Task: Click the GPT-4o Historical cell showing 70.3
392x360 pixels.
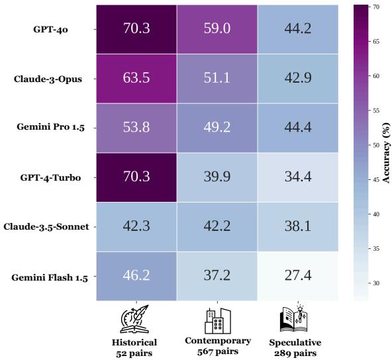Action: [136, 28]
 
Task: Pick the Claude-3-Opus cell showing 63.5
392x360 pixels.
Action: [136, 78]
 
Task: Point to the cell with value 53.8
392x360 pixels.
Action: [136, 128]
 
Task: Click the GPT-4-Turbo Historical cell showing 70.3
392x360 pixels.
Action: [136, 177]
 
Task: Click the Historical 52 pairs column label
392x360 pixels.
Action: [135, 347]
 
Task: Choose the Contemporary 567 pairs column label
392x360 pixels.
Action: [217, 346]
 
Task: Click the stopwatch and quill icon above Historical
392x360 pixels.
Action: [136, 320]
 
